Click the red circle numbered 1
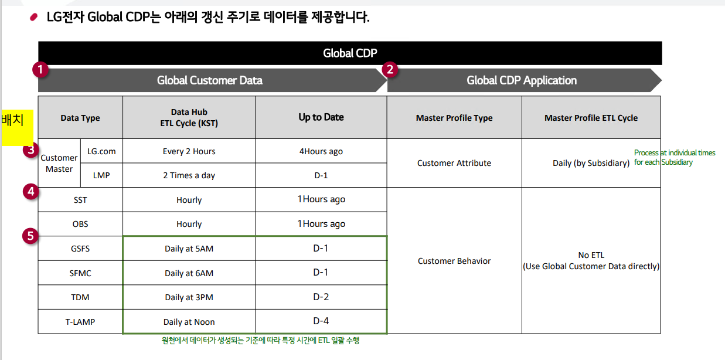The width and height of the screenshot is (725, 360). [40, 70]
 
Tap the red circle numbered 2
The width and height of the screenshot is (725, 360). [390, 70]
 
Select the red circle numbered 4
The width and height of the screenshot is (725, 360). [30, 192]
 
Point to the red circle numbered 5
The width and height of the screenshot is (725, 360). [30, 236]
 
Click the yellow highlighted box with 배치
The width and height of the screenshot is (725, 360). [18, 128]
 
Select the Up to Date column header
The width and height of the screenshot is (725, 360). [321, 117]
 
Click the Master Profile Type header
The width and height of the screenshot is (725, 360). [454, 118]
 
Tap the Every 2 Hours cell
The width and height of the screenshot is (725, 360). [189, 151]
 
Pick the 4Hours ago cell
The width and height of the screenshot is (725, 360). [321, 151]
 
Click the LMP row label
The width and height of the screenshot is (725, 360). [101, 175]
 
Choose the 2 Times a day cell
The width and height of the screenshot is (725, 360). [189, 175]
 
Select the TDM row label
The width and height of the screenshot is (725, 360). [80, 297]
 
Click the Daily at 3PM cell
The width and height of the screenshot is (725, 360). [189, 297]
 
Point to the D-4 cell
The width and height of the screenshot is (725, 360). [321, 321]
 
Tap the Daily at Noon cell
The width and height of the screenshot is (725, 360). [189, 322]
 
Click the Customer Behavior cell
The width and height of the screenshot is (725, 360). [454, 261]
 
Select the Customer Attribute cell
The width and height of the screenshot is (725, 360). [454, 163]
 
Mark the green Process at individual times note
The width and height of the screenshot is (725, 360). [675, 157]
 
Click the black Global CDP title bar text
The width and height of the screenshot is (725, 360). [350, 53]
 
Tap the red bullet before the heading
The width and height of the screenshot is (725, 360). [33, 17]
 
